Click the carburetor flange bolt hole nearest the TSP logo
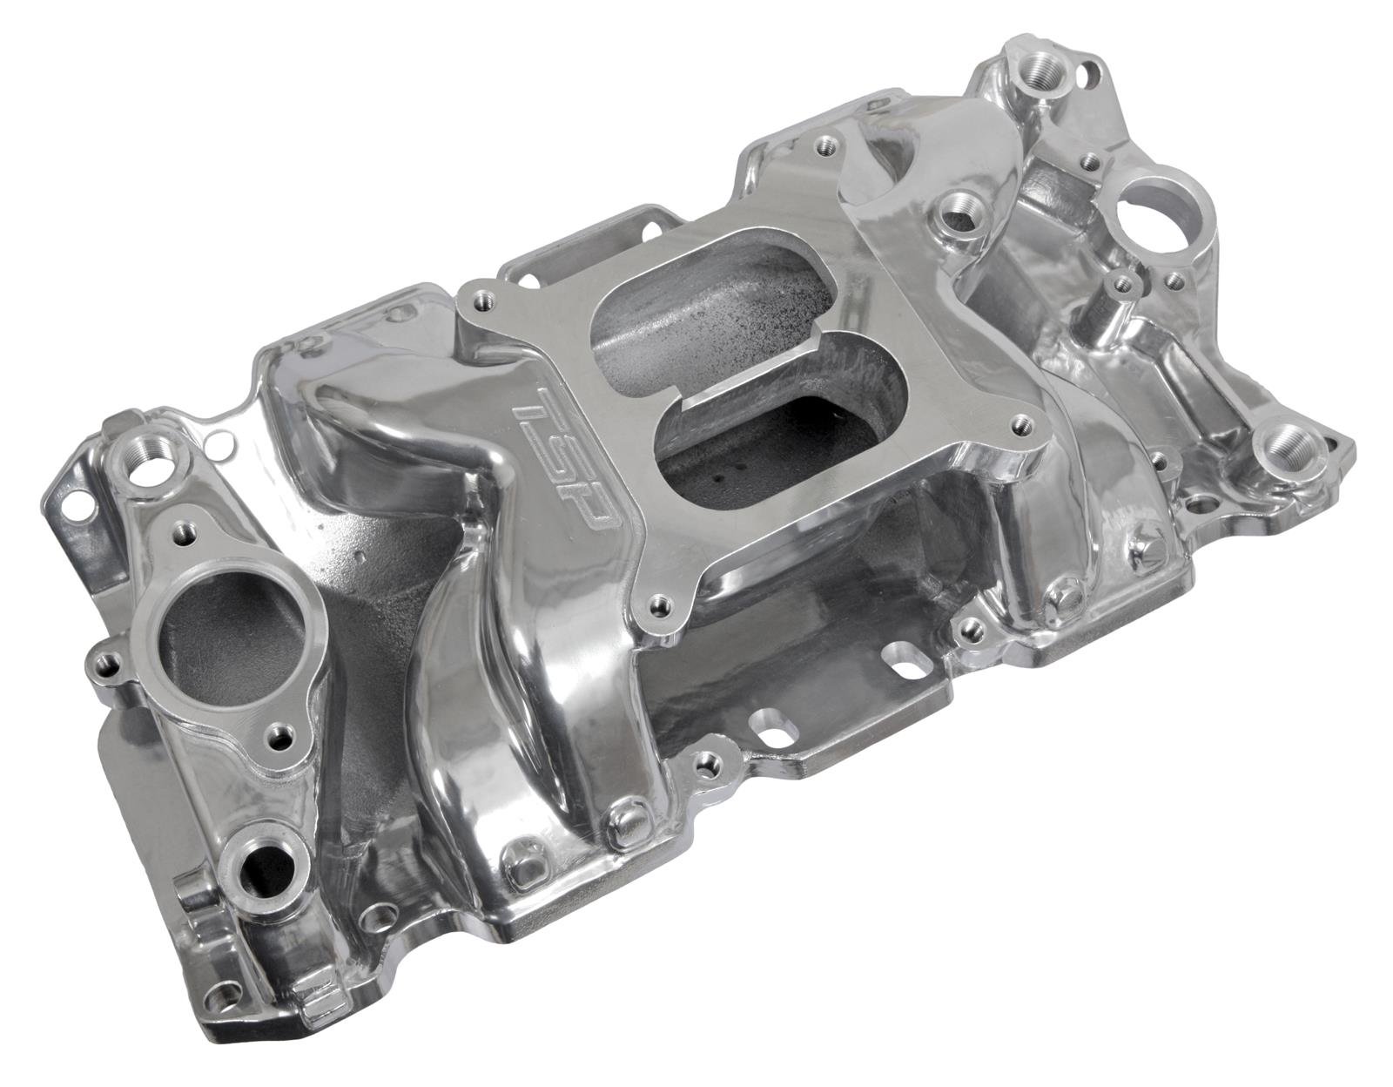[480, 303]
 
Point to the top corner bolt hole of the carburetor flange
[823, 149]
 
